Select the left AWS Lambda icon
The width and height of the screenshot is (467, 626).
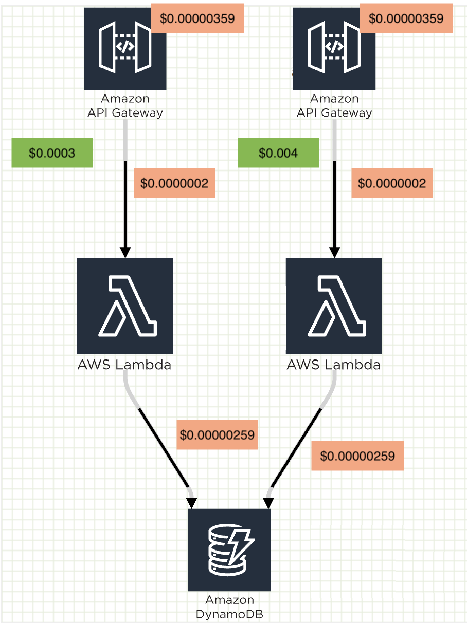[124, 306]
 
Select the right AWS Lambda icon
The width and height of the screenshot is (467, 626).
[334, 306]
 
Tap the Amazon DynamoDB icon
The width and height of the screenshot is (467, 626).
[229, 549]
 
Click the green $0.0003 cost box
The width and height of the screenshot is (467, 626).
[52, 153]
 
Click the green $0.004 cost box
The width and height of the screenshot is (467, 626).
[278, 153]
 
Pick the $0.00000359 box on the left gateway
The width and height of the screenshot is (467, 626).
[197, 18]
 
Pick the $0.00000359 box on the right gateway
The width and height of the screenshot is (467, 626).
[406, 18]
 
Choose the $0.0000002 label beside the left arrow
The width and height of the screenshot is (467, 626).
[174, 183]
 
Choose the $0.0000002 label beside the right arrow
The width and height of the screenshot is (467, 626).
[392, 183]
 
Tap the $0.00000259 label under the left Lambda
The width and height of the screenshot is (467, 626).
[217, 435]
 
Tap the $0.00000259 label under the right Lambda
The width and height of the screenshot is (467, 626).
[357, 456]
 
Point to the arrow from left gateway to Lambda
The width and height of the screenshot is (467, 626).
[125, 205]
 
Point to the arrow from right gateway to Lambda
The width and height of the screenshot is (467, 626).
[335, 205]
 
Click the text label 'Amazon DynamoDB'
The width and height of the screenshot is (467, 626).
[229, 606]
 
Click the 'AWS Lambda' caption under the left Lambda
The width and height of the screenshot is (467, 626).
[124, 365]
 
